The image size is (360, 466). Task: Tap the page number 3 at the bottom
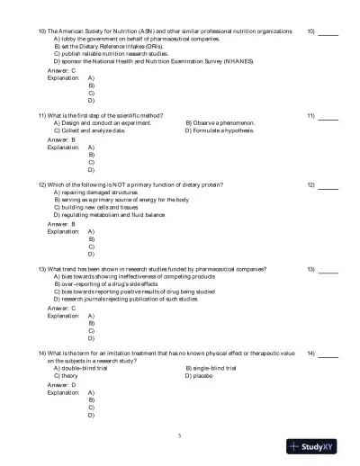click(180, 435)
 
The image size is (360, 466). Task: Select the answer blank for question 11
click(328, 116)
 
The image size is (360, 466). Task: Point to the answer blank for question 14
click(328, 354)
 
